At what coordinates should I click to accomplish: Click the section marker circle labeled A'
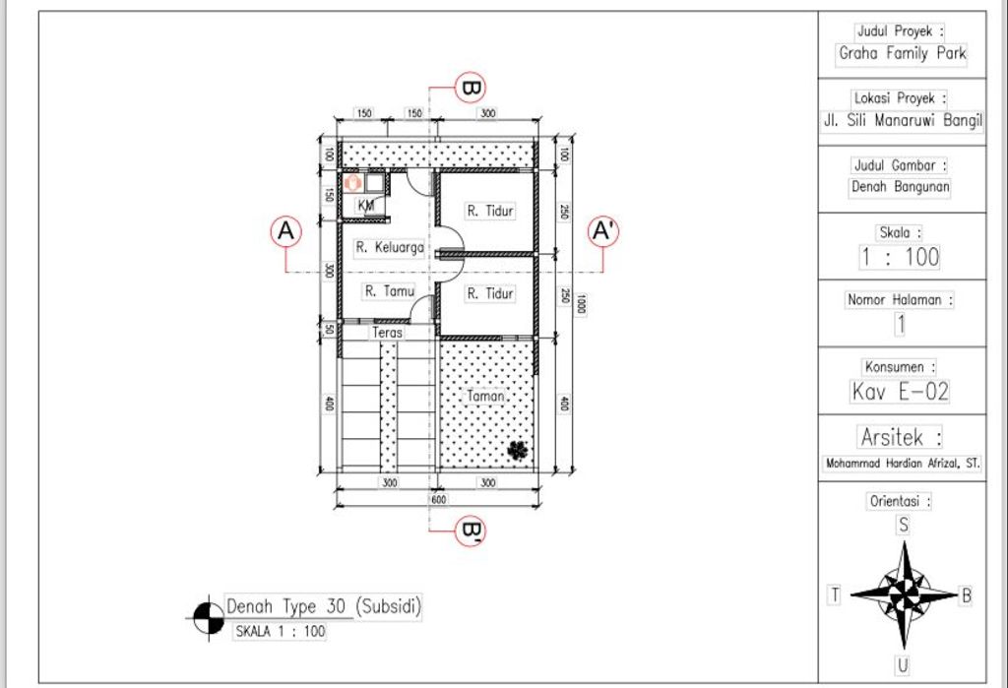click(x=603, y=231)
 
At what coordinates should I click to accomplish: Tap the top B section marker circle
click(x=471, y=88)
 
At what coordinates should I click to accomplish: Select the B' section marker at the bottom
click(x=471, y=531)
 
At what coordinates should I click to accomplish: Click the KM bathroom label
click(x=366, y=205)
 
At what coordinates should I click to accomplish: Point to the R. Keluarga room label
click(x=390, y=247)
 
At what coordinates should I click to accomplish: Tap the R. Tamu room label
click(x=390, y=291)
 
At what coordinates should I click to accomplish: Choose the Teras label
click(x=387, y=333)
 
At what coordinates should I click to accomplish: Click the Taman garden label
click(x=485, y=396)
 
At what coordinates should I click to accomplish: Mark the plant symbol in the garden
click(x=518, y=450)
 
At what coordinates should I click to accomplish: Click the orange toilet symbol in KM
click(x=352, y=183)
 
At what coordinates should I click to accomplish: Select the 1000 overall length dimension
click(x=581, y=304)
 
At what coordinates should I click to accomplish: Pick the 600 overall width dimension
click(x=438, y=500)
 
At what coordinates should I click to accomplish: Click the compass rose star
click(x=904, y=594)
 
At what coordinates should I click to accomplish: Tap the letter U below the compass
click(x=903, y=665)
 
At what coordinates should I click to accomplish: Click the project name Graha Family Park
click(x=903, y=53)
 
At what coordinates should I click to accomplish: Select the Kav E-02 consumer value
click(x=900, y=391)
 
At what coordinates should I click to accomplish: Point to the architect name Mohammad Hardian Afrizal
click(x=903, y=463)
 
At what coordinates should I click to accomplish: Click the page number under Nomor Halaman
click(x=901, y=324)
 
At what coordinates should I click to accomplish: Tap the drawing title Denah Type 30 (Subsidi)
click(x=323, y=606)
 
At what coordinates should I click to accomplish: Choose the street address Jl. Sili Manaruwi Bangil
click(x=903, y=120)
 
